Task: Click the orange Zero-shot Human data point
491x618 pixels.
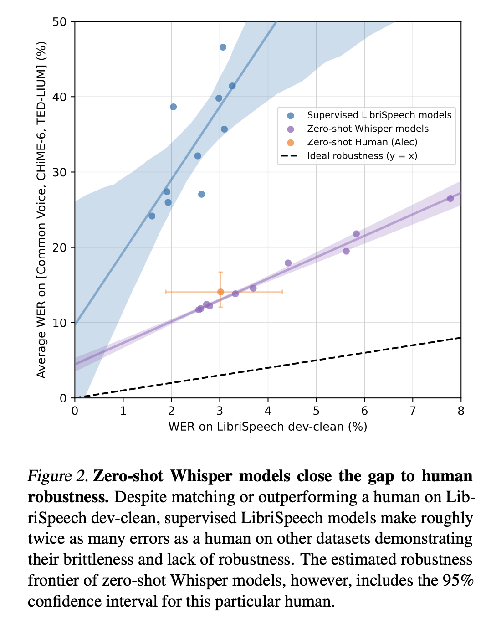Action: pyautogui.click(x=220, y=292)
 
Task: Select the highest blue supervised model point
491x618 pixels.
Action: pyautogui.click(x=223, y=47)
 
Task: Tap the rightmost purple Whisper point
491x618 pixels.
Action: pyautogui.click(x=450, y=198)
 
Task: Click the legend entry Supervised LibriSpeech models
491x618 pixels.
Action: pyautogui.click(x=379, y=115)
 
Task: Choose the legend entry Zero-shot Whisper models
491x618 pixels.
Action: pyautogui.click(x=368, y=129)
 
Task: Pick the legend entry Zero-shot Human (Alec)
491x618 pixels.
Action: pyautogui.click(x=362, y=142)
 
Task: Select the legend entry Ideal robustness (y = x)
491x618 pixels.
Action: pyautogui.click(x=362, y=156)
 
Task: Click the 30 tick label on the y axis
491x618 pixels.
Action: pyautogui.click(x=61, y=172)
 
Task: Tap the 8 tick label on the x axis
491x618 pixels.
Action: pyautogui.click(x=460, y=411)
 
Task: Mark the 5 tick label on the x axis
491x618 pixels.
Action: pyautogui.click(x=316, y=411)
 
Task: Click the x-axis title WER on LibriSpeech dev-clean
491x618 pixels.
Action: pyautogui.click(x=267, y=427)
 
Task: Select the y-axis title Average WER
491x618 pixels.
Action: pyautogui.click(x=41, y=210)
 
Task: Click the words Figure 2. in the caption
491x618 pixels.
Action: pyautogui.click(x=57, y=476)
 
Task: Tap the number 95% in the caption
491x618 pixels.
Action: pyautogui.click(x=458, y=581)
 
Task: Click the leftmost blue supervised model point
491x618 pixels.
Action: pyautogui.click(x=152, y=216)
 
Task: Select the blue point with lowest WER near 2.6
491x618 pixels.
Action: pyautogui.click(x=201, y=194)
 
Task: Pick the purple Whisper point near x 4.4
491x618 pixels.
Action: pyautogui.click(x=288, y=263)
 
